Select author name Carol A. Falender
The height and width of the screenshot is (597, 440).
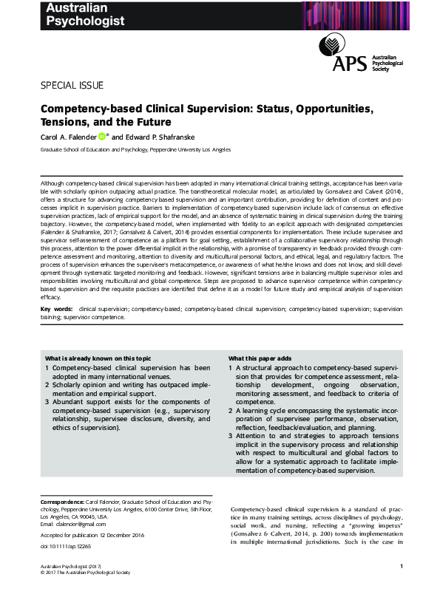[x=68, y=137]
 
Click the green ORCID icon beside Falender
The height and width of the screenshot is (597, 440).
[x=103, y=137]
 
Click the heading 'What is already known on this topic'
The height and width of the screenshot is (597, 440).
[x=99, y=358]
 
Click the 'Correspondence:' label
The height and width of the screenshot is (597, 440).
[x=62, y=501]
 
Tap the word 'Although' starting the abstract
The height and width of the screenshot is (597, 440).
[x=52, y=181]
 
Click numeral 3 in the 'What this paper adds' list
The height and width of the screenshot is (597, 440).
[x=230, y=437]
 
